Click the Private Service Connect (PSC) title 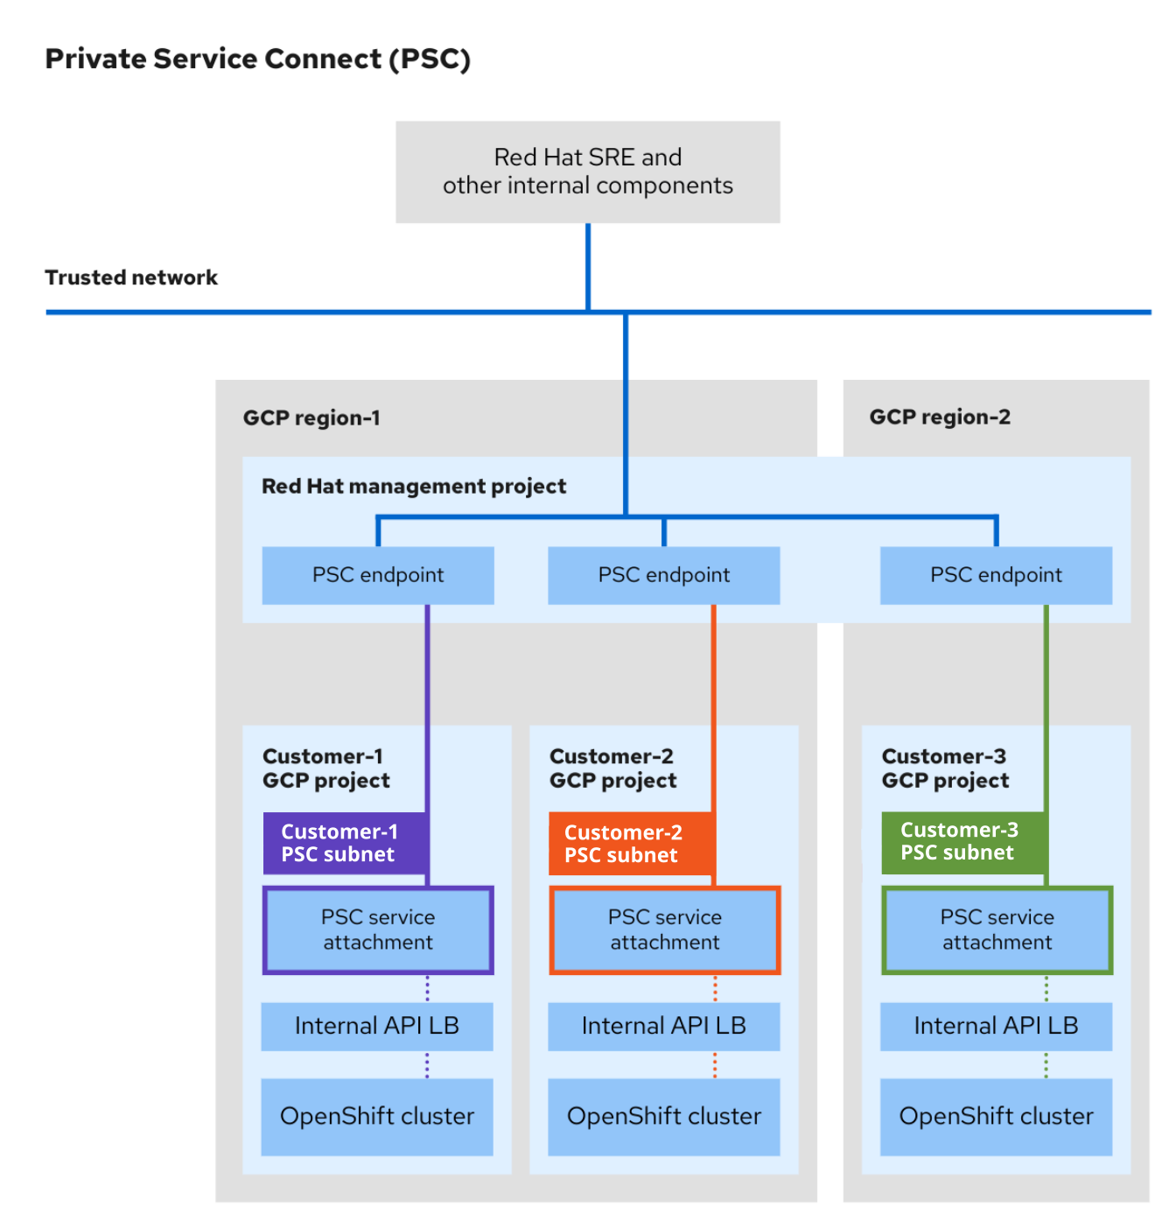pos(257,59)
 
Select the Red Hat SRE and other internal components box pos(587,172)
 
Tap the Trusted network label pos(131,277)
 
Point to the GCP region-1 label pos(311,418)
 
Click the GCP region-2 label pos(939,417)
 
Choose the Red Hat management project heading pos(414,486)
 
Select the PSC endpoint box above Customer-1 pos(378,575)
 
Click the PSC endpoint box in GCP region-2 pos(996,575)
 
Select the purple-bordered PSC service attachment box pos(378,930)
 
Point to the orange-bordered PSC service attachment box pos(664,930)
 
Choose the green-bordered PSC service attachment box pos(997,930)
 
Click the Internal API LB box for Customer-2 pos(663,1026)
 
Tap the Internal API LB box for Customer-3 pos(996,1026)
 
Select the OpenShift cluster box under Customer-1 pos(377,1116)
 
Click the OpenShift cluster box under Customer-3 pos(996,1116)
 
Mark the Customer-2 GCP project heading pos(612,768)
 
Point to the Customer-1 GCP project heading pos(325,768)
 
